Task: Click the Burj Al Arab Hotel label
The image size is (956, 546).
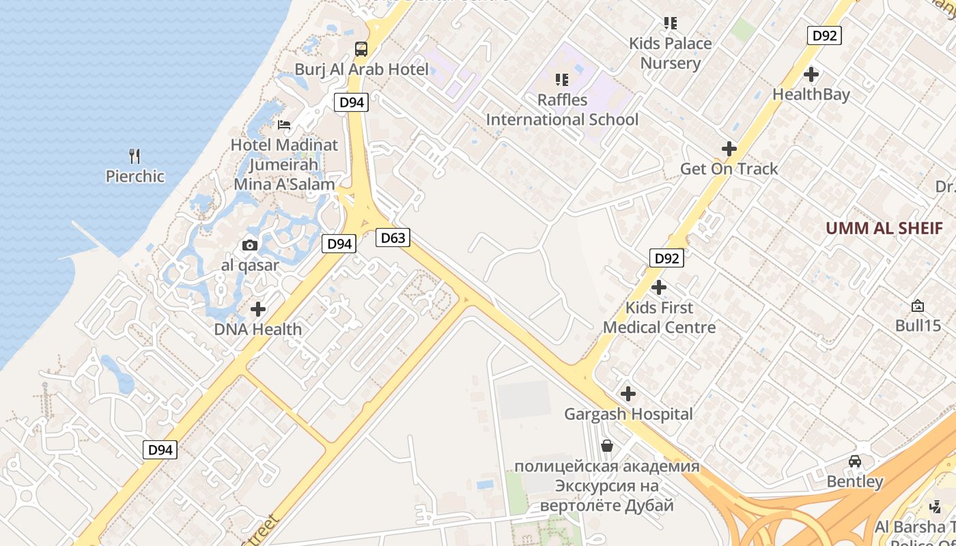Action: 361,70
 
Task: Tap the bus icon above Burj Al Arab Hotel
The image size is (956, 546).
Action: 361,49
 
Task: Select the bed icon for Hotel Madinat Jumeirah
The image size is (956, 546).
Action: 284,125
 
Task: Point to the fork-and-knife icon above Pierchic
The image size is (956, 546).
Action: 135,156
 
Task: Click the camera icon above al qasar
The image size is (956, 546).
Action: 250,246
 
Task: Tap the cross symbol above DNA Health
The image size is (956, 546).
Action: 258,309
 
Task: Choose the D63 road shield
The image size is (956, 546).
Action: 393,238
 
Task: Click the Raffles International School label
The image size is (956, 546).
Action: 562,110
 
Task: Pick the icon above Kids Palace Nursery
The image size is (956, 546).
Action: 671,23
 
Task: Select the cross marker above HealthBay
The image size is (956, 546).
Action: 811,74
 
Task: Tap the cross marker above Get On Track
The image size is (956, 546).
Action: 729,148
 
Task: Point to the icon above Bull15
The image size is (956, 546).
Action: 918,306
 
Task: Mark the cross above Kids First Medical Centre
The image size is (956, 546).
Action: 659,287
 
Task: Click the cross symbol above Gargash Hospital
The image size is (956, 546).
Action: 628,394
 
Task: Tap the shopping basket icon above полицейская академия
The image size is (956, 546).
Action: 606,446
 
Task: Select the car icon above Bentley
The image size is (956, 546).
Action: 855,461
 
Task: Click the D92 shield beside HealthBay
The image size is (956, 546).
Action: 824,35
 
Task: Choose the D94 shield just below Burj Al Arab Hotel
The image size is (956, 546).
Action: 351,102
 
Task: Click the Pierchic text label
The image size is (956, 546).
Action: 135,177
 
